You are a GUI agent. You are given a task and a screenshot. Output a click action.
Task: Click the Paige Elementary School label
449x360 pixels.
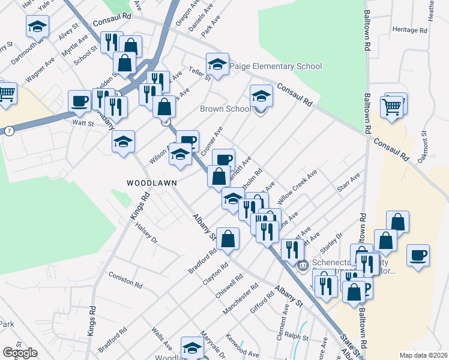[x=276, y=67]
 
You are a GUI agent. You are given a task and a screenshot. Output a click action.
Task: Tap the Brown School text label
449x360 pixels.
[x=225, y=109]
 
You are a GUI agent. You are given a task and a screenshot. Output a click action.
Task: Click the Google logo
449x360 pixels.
[x=20, y=353]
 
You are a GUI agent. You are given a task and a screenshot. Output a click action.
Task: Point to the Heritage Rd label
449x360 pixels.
[x=408, y=29]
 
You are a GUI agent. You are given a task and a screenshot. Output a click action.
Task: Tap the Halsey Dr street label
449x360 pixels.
[x=146, y=232]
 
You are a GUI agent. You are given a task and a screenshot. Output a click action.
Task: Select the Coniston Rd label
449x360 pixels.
[x=125, y=280]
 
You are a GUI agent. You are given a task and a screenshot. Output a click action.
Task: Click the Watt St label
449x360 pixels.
[x=83, y=124]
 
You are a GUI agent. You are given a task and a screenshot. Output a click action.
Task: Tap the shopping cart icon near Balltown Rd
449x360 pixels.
[x=392, y=107]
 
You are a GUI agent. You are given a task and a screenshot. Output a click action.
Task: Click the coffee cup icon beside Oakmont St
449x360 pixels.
[x=418, y=254]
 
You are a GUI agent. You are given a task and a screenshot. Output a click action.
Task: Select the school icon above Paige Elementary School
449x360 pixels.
[x=218, y=63]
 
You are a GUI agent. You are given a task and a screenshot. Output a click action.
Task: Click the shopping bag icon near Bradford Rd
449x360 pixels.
[x=228, y=239]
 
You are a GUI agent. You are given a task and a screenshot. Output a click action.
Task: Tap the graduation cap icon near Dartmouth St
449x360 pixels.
[x=37, y=26]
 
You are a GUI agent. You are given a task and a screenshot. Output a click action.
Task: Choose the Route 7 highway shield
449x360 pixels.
[x=9, y=130]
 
